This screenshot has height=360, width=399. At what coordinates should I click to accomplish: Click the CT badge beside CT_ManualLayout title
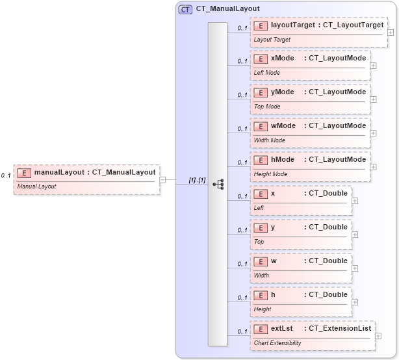click(x=185, y=9)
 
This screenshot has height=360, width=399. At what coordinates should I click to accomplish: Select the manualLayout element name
click(x=59, y=172)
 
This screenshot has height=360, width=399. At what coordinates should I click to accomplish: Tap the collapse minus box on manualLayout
click(x=162, y=180)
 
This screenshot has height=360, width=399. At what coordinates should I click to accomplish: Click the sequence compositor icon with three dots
click(x=218, y=185)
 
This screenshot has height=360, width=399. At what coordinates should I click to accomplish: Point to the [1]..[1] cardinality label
click(x=197, y=180)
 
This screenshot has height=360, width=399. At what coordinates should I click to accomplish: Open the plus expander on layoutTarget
click(x=390, y=31)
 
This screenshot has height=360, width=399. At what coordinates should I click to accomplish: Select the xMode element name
click(x=283, y=58)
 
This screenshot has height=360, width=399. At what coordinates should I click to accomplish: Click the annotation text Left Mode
click(x=266, y=73)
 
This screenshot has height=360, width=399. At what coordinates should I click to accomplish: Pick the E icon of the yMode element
click(x=261, y=92)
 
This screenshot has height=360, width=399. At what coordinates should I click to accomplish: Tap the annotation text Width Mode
click(x=269, y=140)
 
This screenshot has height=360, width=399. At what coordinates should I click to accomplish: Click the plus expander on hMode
click(x=373, y=166)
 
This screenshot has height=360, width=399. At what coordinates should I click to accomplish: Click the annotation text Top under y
click(x=259, y=242)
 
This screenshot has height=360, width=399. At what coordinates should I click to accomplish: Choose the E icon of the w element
click(x=261, y=261)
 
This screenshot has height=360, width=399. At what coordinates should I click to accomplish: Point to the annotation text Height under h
click(x=263, y=309)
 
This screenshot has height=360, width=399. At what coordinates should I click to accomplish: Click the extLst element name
click(x=281, y=329)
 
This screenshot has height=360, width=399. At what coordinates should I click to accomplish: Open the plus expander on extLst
click(x=378, y=335)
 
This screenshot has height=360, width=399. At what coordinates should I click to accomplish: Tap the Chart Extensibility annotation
click(x=277, y=343)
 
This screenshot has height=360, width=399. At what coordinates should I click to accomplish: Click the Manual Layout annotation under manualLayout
click(x=36, y=186)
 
